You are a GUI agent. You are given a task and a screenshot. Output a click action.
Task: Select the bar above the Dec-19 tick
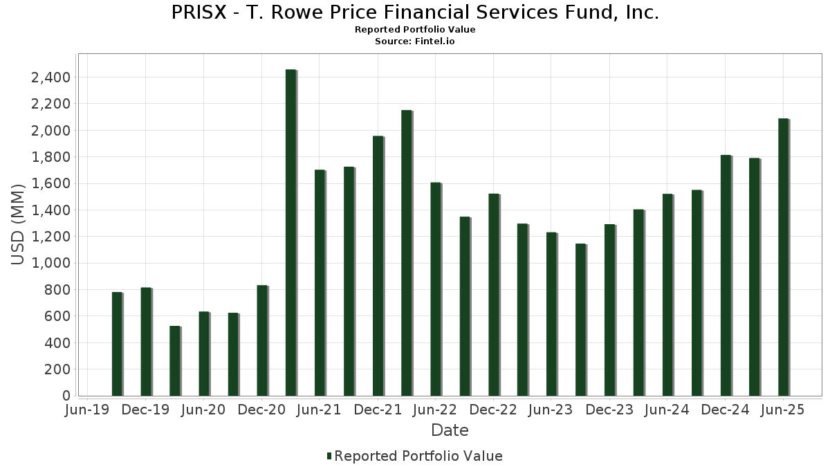(146, 342)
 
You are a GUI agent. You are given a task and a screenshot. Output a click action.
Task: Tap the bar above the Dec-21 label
(378, 266)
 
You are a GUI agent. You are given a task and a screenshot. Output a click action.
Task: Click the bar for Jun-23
(551, 314)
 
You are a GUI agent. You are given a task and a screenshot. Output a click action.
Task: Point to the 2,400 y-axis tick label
(50, 77)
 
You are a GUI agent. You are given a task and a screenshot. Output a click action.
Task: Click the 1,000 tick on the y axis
(50, 263)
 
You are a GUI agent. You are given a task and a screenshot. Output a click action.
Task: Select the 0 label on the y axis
(66, 396)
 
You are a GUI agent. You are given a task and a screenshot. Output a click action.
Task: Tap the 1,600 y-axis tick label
(50, 183)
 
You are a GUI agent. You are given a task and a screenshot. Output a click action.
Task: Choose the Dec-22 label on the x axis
(493, 410)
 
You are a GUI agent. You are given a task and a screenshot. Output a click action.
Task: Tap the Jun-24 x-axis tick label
(667, 410)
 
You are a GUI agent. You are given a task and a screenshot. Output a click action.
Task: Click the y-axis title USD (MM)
(19, 225)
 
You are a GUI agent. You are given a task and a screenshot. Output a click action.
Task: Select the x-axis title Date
(450, 430)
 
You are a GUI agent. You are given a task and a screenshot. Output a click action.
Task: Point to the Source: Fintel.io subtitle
(415, 42)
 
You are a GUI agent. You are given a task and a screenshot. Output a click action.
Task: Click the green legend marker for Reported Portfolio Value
(329, 456)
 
